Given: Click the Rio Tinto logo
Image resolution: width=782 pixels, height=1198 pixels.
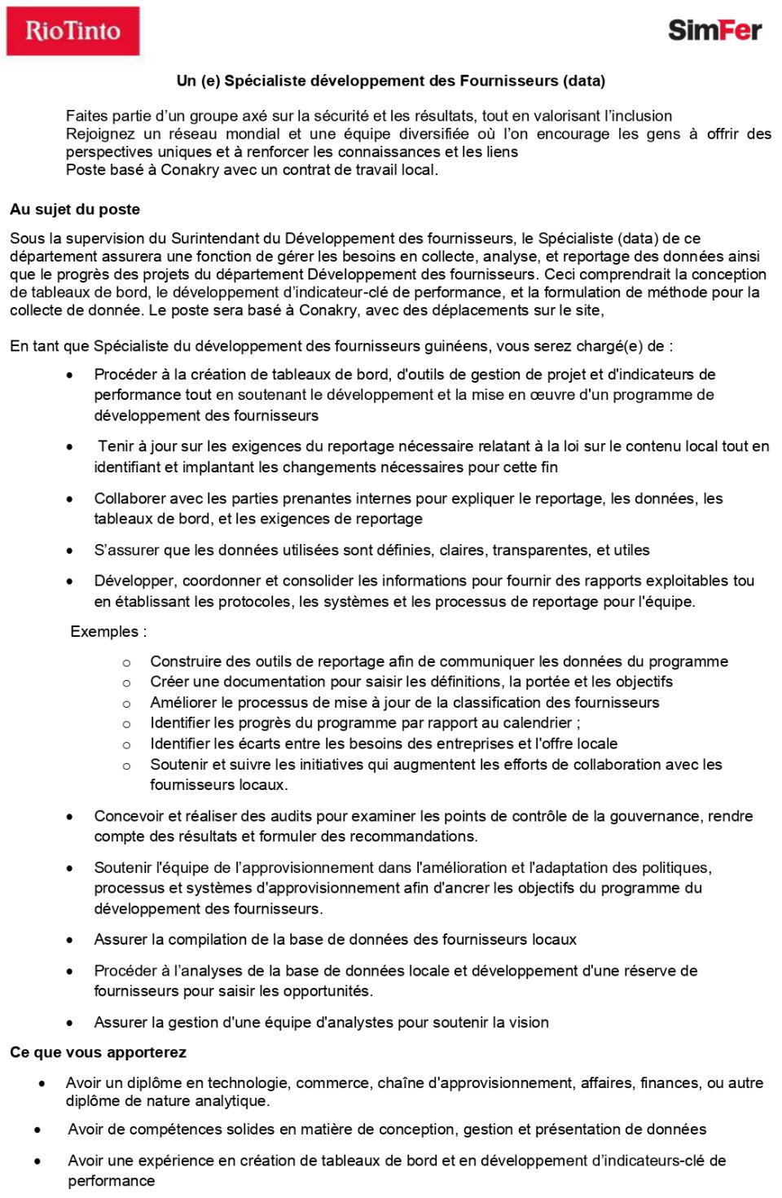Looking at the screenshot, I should (72, 31).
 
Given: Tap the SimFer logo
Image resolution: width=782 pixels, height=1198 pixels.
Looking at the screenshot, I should (714, 30).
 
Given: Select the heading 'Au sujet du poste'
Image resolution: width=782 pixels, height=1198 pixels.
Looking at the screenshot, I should (75, 209).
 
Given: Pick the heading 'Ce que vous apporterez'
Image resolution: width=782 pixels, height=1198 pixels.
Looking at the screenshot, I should (98, 1052).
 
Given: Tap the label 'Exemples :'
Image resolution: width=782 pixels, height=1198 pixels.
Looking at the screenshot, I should (108, 632).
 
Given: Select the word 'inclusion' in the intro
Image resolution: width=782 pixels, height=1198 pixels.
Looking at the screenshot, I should (639, 116).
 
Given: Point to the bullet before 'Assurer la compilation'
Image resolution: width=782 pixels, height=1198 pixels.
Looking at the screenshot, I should (70, 940).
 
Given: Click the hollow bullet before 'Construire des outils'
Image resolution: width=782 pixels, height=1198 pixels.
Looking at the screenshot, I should (126, 663).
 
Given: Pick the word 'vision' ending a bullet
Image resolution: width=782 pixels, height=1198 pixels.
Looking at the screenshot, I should (529, 1023).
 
